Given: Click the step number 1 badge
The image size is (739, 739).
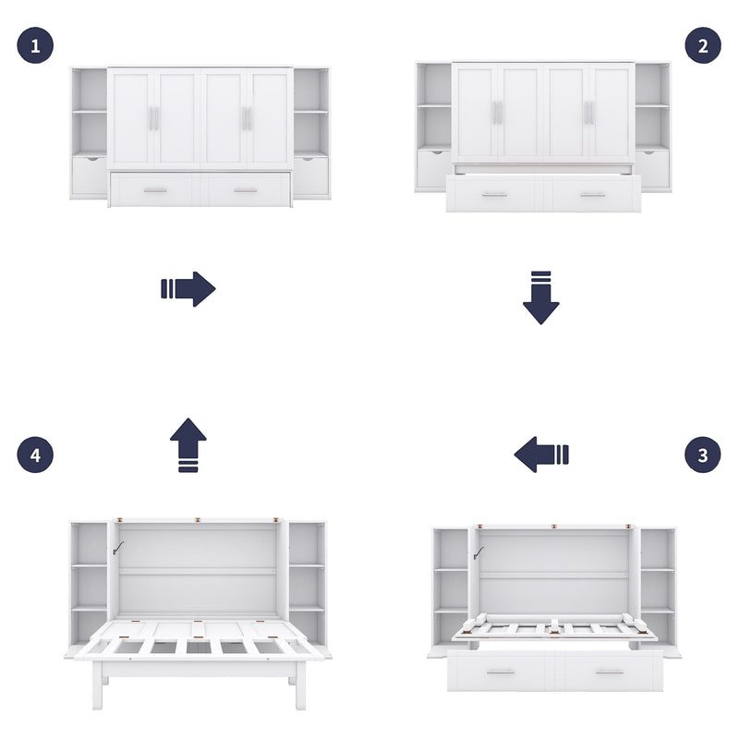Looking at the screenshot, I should [35, 45].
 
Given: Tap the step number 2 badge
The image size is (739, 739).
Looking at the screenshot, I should [703, 45].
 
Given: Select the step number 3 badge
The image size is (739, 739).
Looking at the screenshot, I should [703, 454].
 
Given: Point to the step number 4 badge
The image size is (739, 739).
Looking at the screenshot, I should [35, 454].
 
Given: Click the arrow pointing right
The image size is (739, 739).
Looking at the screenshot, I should [188, 289].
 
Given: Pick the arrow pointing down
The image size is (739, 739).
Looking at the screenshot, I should [541, 297].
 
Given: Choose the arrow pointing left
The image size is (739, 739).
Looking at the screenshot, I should [541, 454].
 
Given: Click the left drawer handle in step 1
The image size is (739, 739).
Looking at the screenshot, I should [155, 190].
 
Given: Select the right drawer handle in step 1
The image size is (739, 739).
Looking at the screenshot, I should [246, 190].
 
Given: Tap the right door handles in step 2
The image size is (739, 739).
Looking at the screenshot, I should [588, 113].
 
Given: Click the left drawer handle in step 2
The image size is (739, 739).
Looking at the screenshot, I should [494, 195].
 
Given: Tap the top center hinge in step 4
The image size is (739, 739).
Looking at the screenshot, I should [199, 521].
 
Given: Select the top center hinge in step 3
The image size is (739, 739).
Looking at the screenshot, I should [554, 527].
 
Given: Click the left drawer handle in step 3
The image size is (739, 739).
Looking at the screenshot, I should [501, 672].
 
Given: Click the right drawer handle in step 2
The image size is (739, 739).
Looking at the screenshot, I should [592, 195].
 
